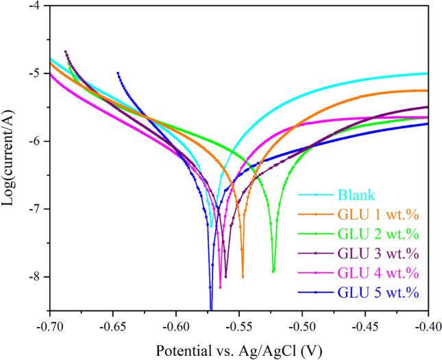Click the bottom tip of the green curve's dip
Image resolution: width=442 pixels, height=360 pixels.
pyautogui.click(x=273, y=272)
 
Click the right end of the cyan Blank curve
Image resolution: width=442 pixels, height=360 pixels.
pyautogui.click(x=428, y=73)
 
